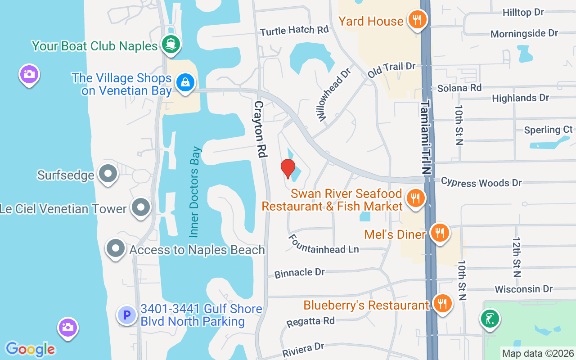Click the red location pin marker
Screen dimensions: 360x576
pyautogui.click(x=288, y=168)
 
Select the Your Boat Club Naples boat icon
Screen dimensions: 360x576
pyautogui.click(x=172, y=44)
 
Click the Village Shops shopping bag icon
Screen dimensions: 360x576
pyautogui.click(x=185, y=82)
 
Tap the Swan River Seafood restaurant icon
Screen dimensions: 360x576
pyautogui.click(x=415, y=198)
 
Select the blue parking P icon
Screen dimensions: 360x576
pyautogui.click(x=127, y=315)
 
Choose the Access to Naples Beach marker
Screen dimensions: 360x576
pyautogui.click(x=116, y=248)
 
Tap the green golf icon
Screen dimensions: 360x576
pyautogui.click(x=490, y=319)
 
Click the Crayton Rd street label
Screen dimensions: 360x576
pyautogui.click(x=260, y=129)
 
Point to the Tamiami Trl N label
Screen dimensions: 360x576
pyautogui.click(x=426, y=137)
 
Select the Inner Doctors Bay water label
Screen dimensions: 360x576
pyautogui.click(x=194, y=192)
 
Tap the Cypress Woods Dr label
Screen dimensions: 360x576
pyautogui.click(x=481, y=182)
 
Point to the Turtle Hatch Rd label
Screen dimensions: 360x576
pyautogui.click(x=294, y=31)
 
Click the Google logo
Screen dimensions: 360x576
pyautogui.click(x=30, y=349)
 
